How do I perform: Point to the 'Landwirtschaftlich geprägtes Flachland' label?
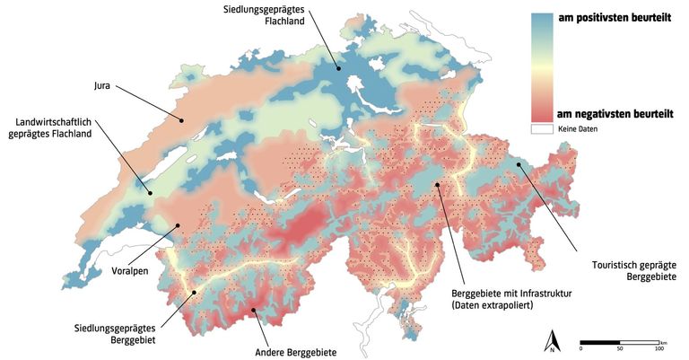(x=57, y=127)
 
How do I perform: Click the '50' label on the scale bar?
(x=619, y=348)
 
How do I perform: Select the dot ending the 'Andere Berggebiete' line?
(x=254, y=311)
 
